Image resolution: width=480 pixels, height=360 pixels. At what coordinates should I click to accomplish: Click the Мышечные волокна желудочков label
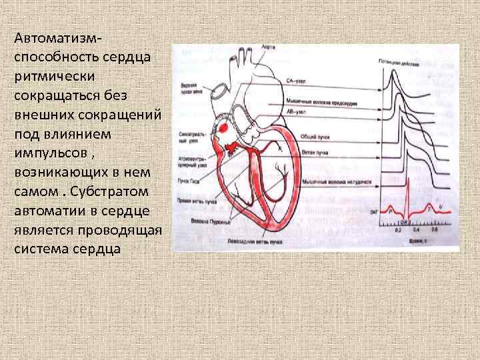tap(327, 181)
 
